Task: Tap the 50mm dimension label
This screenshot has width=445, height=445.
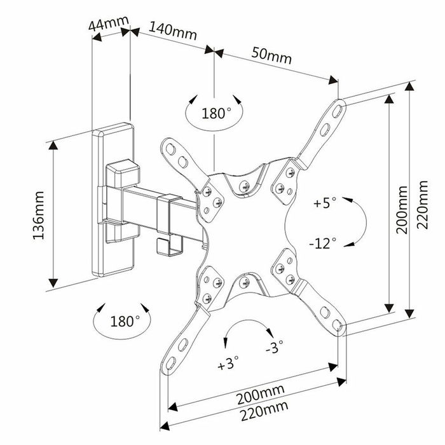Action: pos(271,56)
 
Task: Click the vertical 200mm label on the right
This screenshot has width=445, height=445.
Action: pos(401,210)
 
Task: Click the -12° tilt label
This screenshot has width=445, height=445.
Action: pos(324,244)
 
